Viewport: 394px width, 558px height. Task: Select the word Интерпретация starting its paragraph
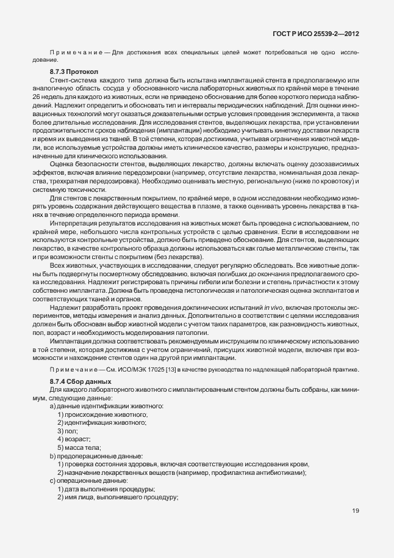pos(74,224)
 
